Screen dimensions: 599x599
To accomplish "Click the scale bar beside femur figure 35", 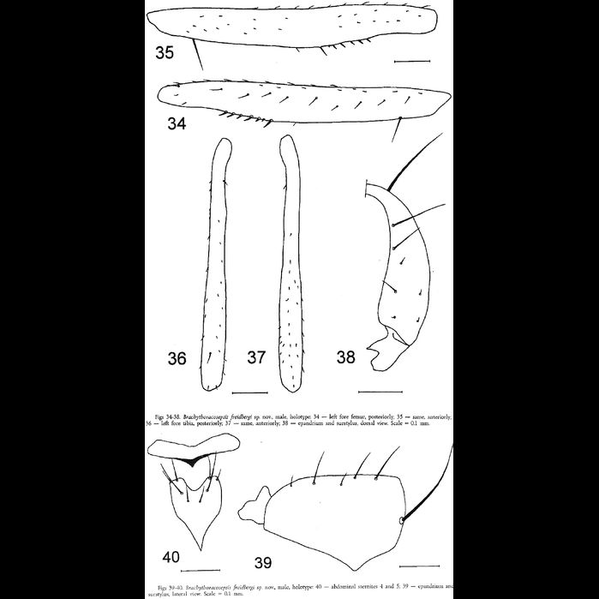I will [412, 62].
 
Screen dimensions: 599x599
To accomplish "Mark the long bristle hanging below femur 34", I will [396, 131].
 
